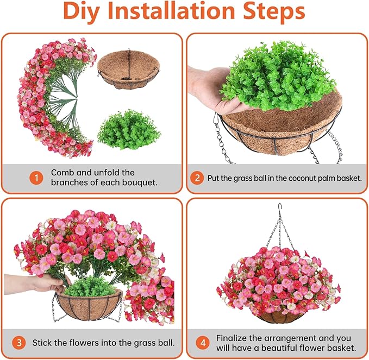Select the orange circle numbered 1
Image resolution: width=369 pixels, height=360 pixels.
36,178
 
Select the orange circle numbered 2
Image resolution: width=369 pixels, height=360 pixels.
198,178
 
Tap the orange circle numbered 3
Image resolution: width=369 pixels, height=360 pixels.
20,343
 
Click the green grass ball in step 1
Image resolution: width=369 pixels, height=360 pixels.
128,130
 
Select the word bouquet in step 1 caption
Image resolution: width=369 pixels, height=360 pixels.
136,182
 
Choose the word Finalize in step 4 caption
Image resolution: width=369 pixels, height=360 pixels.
234,338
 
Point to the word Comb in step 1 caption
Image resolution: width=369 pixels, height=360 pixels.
62,173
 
